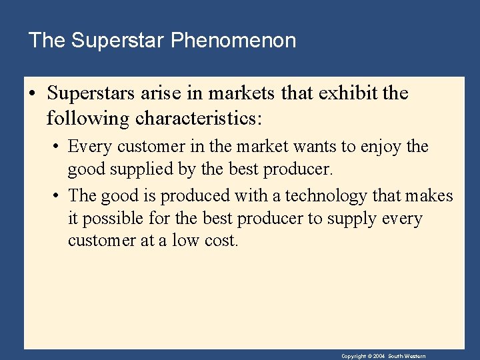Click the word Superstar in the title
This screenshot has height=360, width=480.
[117, 41]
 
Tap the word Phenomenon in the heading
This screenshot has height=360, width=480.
[233, 41]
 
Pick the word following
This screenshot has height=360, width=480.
[88, 119]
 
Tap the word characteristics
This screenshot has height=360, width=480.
[199, 119]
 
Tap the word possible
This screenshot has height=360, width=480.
[113, 219]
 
